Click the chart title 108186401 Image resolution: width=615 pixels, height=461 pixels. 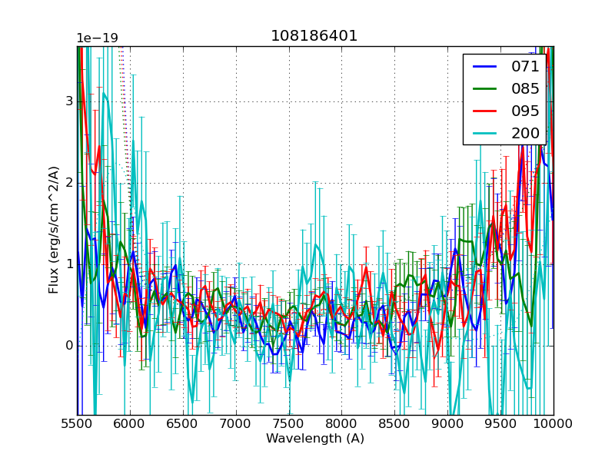(314, 36)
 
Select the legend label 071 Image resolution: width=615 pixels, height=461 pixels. (525, 67)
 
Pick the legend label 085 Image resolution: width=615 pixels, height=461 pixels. (525, 88)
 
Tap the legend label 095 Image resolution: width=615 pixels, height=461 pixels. (525, 111)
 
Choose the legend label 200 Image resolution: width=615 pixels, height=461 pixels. (525, 133)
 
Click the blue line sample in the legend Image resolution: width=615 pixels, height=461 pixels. (483, 67)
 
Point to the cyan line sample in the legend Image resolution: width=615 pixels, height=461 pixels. (483, 133)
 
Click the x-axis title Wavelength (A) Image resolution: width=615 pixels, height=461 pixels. (315, 439)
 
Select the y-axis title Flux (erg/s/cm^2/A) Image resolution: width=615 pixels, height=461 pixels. (54, 230)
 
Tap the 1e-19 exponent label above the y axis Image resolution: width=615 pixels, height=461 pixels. (97, 38)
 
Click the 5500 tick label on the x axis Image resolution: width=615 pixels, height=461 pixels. (77, 424)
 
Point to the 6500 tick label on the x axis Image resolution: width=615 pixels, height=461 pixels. (183, 424)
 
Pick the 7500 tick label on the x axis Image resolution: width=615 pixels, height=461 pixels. (289, 424)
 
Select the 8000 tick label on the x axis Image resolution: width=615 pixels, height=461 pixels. (342, 424)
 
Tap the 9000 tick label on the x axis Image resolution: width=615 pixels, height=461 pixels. (448, 424)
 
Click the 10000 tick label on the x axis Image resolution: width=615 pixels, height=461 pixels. (553, 424)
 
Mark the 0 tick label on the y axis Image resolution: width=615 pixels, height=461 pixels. (69, 346)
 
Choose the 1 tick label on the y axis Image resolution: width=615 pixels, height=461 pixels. (69, 264)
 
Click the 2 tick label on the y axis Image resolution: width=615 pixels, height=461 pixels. (69, 183)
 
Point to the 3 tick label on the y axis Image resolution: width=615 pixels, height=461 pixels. (69, 101)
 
